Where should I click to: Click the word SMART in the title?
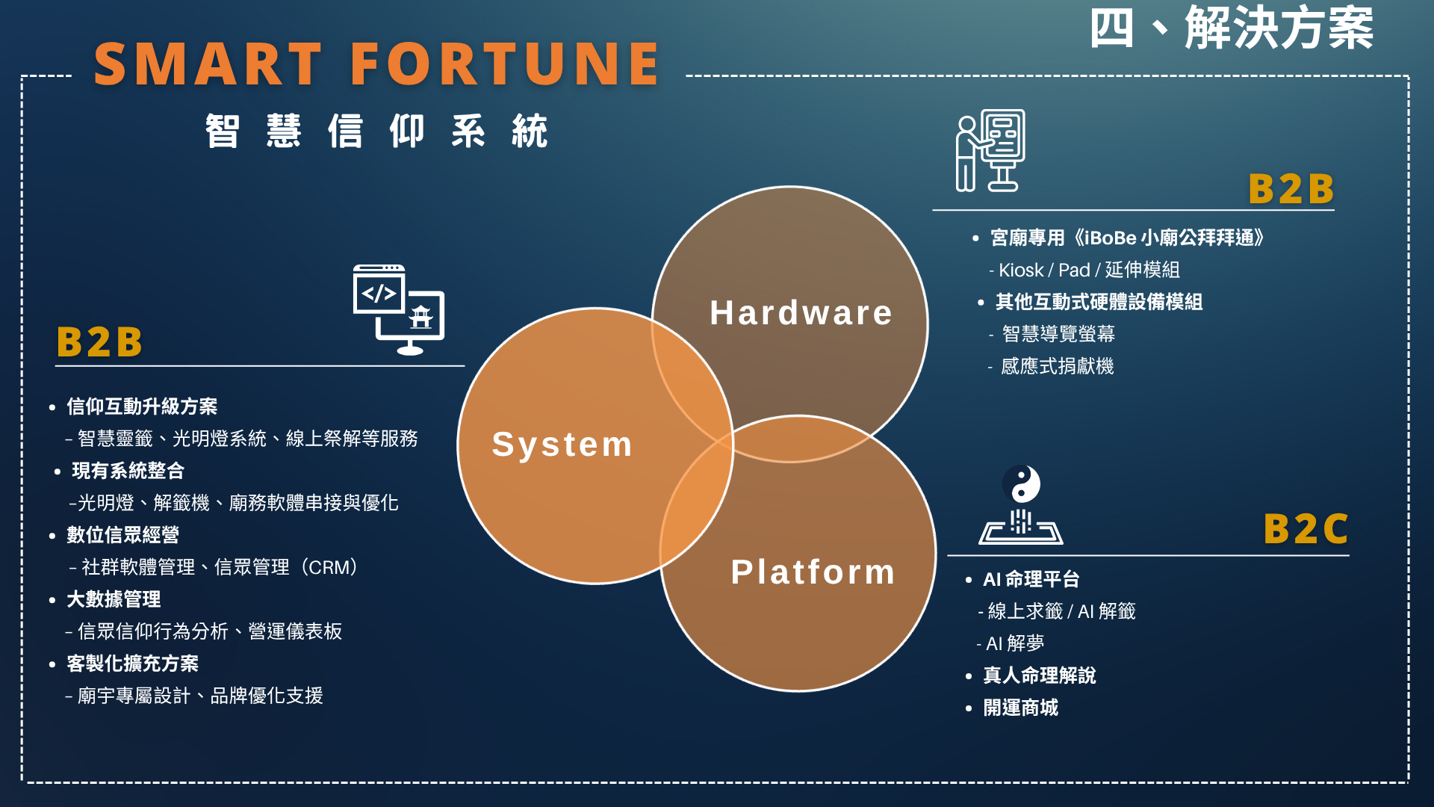click(x=208, y=64)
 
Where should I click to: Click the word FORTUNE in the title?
click(x=505, y=64)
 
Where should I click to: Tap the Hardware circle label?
click(x=801, y=313)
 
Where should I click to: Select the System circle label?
click(x=562, y=445)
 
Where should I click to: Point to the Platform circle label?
click(x=813, y=572)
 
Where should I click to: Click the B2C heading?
click(x=1306, y=529)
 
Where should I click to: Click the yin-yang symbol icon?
click(x=1021, y=484)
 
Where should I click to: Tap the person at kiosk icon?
click(x=990, y=151)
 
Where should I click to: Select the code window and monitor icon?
click(x=398, y=309)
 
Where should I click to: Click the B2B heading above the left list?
click(x=100, y=342)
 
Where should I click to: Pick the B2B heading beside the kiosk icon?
click(x=1291, y=188)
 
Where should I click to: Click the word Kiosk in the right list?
click(x=1021, y=270)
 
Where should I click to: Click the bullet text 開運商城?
click(x=1020, y=708)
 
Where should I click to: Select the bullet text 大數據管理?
click(x=114, y=599)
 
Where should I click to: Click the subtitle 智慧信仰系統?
click(x=377, y=132)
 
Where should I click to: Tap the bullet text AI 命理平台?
click(x=1031, y=579)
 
